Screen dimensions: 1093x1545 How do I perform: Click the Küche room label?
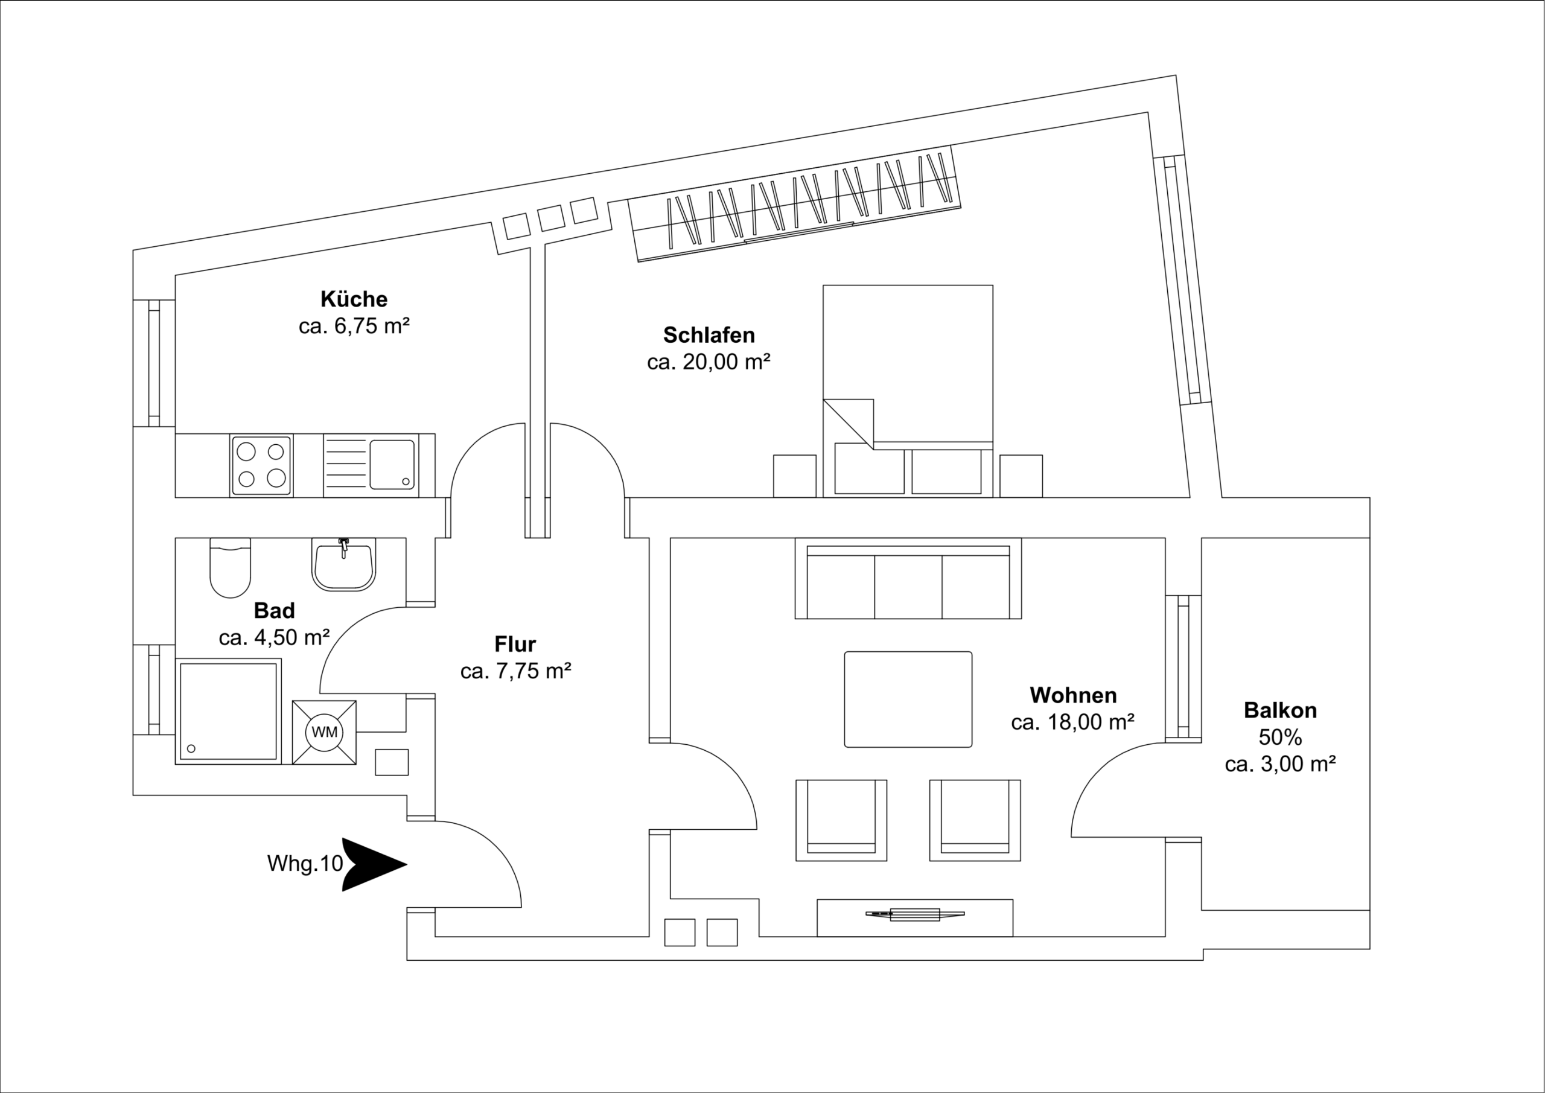coord(353,299)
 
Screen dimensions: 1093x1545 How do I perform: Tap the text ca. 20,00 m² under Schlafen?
coord(708,362)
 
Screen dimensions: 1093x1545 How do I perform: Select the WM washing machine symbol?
coord(324,732)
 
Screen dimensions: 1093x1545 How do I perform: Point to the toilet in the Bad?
coord(230,569)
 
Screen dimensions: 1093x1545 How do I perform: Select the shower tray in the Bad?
coord(228,712)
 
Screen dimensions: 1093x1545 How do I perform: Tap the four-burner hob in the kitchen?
coord(261,465)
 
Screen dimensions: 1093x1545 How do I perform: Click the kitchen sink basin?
coord(392,464)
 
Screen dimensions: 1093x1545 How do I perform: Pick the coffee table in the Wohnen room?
coord(908,699)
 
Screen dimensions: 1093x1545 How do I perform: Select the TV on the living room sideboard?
coord(914,914)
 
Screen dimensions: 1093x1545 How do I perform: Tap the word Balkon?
coord(1280,710)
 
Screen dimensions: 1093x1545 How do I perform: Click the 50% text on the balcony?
coord(1280,738)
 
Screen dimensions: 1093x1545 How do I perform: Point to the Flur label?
coord(515,644)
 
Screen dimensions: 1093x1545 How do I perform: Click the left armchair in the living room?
coord(841,820)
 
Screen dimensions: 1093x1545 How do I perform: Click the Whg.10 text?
coord(305,864)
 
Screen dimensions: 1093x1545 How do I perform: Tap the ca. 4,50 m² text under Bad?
coord(274,637)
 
